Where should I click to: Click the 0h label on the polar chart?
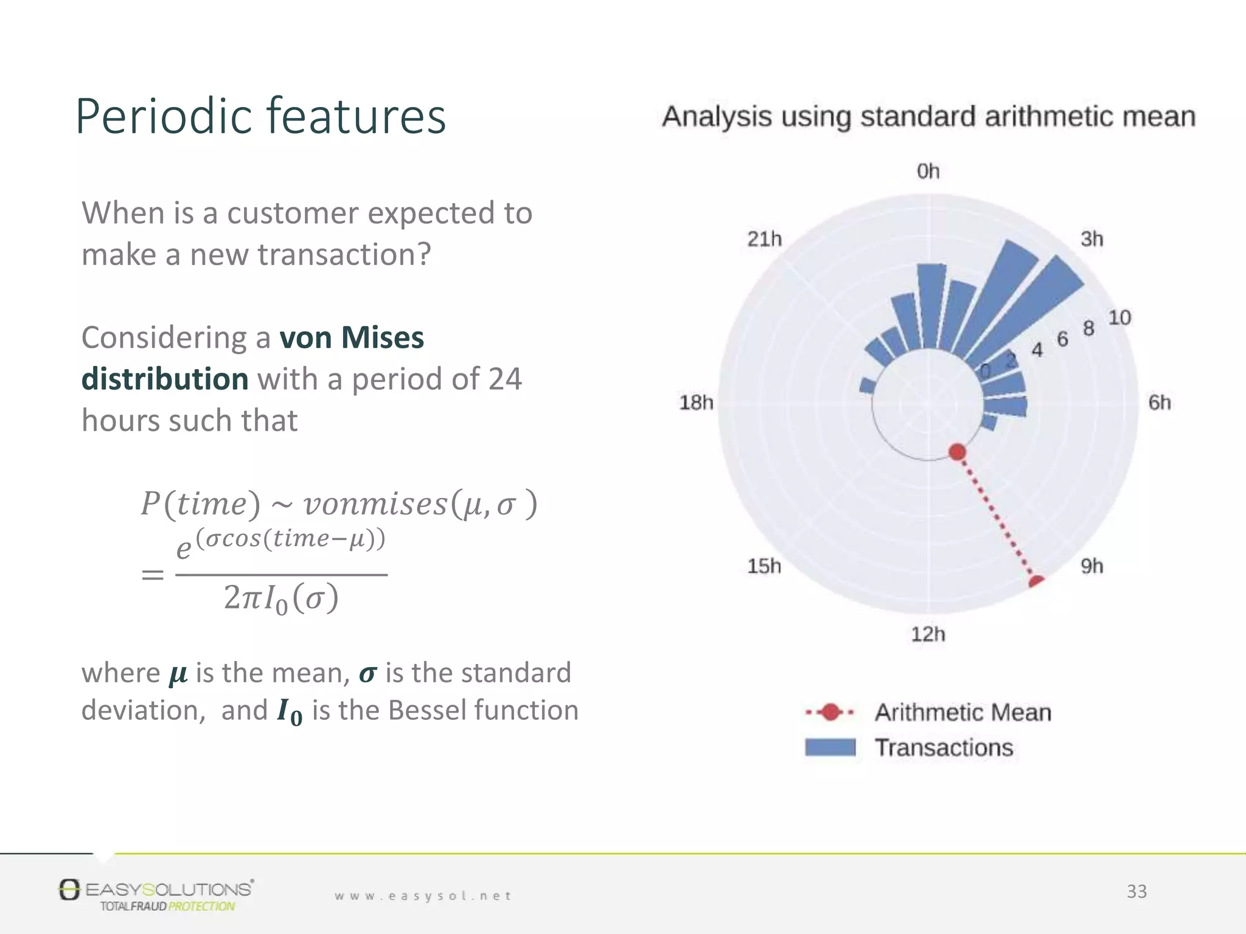click(x=928, y=171)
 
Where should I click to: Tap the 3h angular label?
click(x=1091, y=239)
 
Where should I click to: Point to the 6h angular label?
click(x=1159, y=403)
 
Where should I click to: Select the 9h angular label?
click(x=1091, y=566)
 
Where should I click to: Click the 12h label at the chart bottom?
click(x=928, y=634)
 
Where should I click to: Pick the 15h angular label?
click(x=764, y=566)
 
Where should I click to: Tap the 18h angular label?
click(x=696, y=403)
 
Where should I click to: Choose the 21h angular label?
click(x=764, y=239)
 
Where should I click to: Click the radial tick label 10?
click(x=1119, y=318)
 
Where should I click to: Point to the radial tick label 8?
click(x=1088, y=329)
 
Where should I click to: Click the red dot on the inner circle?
click(x=957, y=452)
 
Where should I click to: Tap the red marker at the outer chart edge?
click(x=1036, y=582)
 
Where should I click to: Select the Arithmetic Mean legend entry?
click(x=962, y=712)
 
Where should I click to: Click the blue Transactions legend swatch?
click(x=830, y=747)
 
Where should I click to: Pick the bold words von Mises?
click(x=351, y=337)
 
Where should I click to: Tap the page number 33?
click(x=1136, y=891)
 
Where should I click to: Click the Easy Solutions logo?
click(x=156, y=894)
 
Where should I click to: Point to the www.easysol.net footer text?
click(x=423, y=896)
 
